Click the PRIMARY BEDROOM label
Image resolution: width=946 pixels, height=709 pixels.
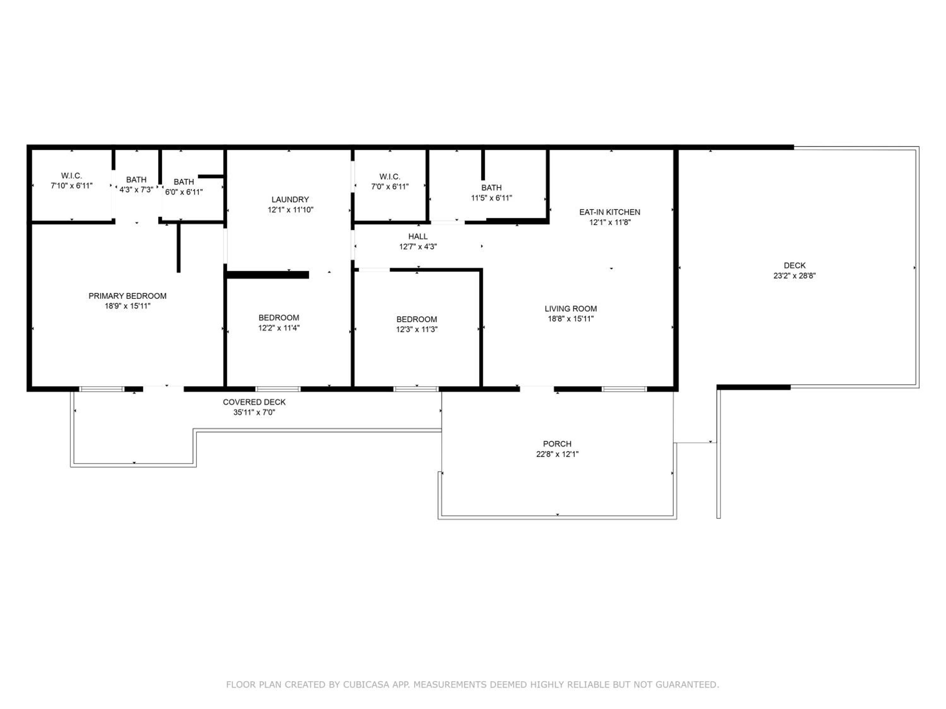(127, 296)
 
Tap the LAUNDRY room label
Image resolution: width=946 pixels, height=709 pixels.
(290, 199)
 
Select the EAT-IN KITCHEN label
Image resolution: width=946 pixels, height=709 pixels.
(610, 212)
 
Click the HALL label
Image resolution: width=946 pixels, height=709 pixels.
(418, 236)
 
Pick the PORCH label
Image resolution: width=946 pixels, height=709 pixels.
(557, 444)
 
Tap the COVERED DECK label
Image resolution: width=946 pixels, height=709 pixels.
(254, 402)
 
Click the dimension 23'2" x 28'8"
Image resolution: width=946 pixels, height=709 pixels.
(795, 276)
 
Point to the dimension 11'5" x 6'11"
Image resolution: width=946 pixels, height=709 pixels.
(491, 198)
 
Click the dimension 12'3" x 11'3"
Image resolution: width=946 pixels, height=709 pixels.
(417, 330)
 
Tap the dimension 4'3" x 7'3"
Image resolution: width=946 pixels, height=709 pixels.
(136, 190)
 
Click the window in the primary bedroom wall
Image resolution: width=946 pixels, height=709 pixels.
(101, 389)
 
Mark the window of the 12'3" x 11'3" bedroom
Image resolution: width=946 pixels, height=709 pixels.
(416, 389)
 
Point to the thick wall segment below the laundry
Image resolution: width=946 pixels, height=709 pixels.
(267, 275)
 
